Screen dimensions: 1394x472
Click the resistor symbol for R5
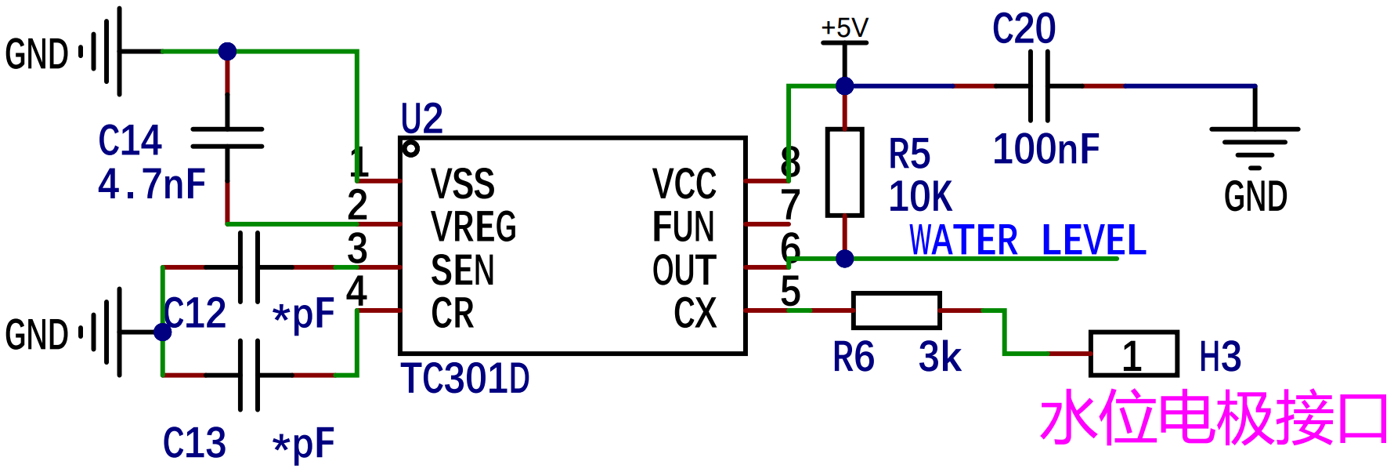coord(844,172)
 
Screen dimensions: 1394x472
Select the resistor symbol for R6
coord(896,310)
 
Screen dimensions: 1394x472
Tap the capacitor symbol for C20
coord(1038,85)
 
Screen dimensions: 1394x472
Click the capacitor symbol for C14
coord(227,138)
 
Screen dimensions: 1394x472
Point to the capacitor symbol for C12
coord(249,267)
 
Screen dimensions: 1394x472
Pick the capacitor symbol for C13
coord(249,376)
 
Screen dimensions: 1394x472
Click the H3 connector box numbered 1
coord(1134,354)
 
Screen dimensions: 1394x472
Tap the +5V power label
coord(844,28)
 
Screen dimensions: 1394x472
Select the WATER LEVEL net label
coord(1027,240)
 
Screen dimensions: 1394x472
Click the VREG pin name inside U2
coord(473,227)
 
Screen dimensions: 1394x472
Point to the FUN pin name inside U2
coord(684,227)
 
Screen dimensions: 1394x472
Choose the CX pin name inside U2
coord(695,313)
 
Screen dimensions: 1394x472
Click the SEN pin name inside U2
coord(462,270)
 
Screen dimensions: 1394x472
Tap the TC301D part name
coord(465,378)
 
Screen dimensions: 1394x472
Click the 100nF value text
coord(1046,149)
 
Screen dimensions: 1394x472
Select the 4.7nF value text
coord(152,184)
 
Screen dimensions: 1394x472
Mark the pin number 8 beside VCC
coord(790,162)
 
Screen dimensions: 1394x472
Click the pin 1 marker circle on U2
coord(410,148)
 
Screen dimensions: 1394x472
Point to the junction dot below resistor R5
coord(844,259)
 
